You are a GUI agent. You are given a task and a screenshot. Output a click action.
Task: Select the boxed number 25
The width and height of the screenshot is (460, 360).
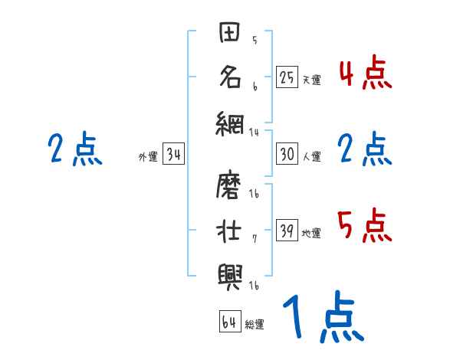pos(287,77)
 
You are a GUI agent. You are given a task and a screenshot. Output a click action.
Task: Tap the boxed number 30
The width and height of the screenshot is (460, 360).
pos(287,154)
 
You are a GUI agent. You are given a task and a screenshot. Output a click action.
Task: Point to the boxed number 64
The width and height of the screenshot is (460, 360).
pos(229,322)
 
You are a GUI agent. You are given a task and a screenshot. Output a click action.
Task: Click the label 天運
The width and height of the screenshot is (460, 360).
pos(311,80)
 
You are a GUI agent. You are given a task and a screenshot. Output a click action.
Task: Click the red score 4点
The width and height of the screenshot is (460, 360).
pos(365,73)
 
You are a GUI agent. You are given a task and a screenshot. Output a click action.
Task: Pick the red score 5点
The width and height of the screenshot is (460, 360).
pos(365,225)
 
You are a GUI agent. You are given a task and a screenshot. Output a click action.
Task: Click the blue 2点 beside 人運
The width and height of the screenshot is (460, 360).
pos(365,149)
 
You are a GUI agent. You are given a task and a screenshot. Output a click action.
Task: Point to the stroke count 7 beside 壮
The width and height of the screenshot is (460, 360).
pos(254,237)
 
